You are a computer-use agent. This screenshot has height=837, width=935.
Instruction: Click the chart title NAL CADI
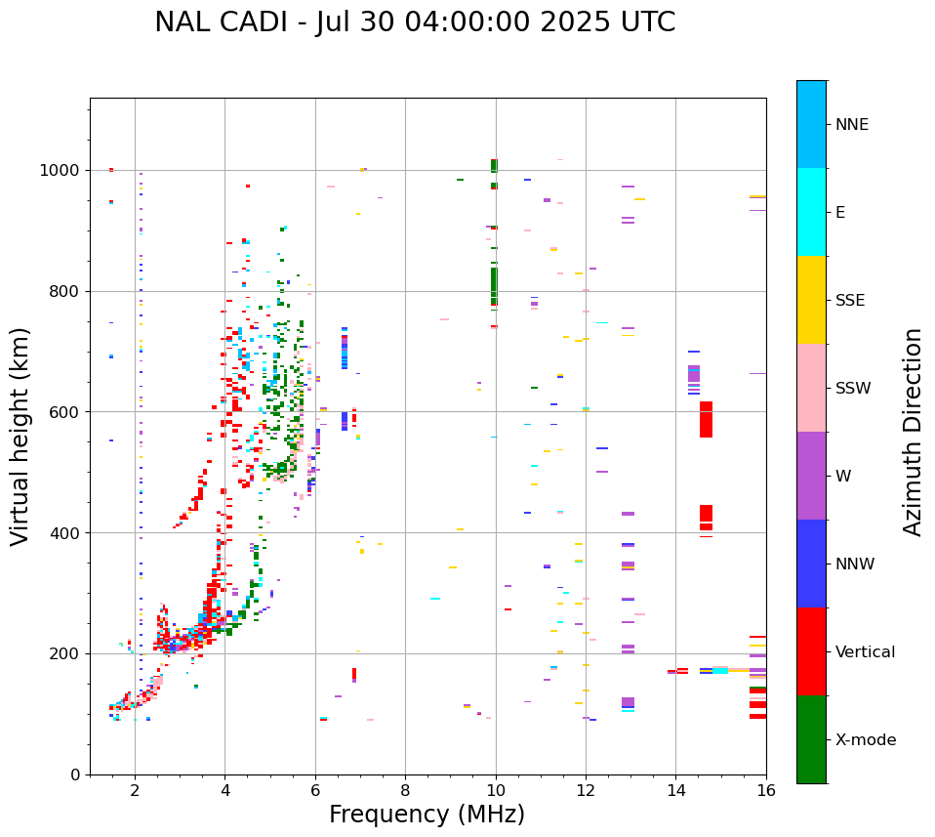click(415, 22)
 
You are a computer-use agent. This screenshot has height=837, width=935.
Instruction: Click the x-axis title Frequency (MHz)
click(427, 815)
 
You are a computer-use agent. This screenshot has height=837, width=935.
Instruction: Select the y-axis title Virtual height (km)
click(20, 436)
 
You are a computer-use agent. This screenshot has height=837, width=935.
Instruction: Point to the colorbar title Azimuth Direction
click(913, 431)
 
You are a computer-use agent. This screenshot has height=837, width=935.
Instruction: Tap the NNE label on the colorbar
click(851, 125)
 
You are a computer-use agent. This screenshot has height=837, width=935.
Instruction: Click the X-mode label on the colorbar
click(865, 740)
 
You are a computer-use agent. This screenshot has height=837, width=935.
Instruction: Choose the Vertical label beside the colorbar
click(865, 652)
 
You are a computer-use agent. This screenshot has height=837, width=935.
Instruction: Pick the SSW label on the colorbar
click(853, 389)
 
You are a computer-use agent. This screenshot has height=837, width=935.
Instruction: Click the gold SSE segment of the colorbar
click(811, 299)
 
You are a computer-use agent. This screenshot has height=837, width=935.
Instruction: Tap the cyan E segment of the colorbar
click(811, 211)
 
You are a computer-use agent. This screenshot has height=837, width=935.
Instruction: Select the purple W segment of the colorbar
click(811, 475)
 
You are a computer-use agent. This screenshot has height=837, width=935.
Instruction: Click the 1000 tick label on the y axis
click(61, 170)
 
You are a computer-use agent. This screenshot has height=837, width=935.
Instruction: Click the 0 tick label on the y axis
click(75, 774)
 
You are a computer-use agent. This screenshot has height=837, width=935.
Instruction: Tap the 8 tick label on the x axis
click(405, 791)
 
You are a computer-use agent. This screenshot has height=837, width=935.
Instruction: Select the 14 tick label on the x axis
click(675, 791)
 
